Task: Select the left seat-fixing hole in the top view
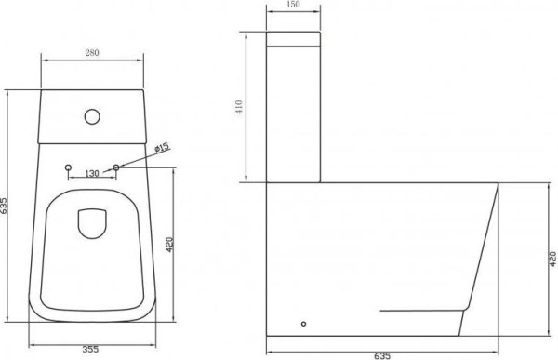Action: [69, 168]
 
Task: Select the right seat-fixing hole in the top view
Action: [116, 168]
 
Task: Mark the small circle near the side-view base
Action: [302, 325]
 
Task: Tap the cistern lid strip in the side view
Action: [294, 41]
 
